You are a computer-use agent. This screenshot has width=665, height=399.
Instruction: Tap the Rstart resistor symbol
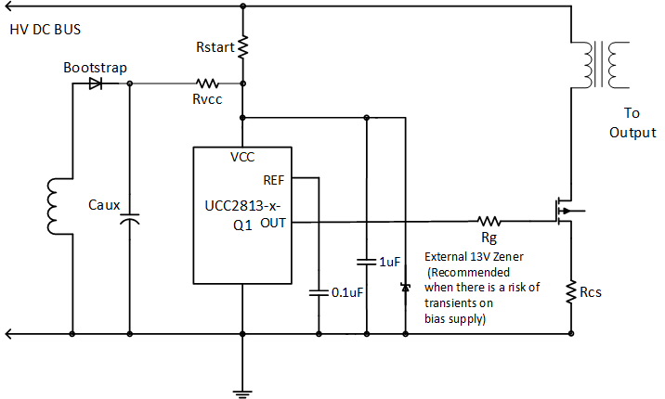[x=242, y=46]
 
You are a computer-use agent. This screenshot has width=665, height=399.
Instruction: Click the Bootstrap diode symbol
[x=96, y=83]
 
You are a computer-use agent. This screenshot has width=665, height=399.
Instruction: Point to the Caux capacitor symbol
[x=129, y=220]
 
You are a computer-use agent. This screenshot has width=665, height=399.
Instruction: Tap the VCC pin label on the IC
[x=242, y=157]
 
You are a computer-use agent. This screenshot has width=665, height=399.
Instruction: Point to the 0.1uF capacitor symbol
[x=319, y=292]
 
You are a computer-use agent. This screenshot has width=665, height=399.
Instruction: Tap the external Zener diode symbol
[x=405, y=288]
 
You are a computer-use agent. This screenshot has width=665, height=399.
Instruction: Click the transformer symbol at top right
[x=599, y=65]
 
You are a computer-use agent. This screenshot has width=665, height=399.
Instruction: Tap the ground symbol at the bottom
[x=242, y=392]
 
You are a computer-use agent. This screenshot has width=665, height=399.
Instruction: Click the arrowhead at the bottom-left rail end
[x=8, y=332]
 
